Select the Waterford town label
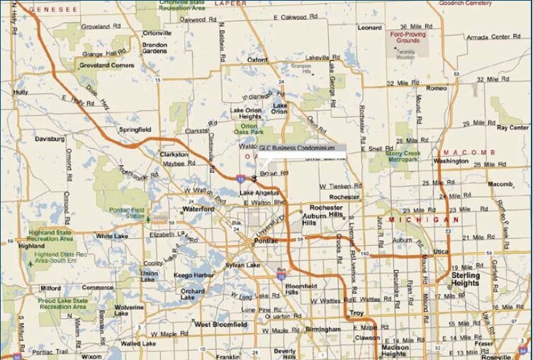pos(198,210)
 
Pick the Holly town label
pos(21,92)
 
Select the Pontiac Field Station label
pos(128,213)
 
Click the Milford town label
pos(50,288)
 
